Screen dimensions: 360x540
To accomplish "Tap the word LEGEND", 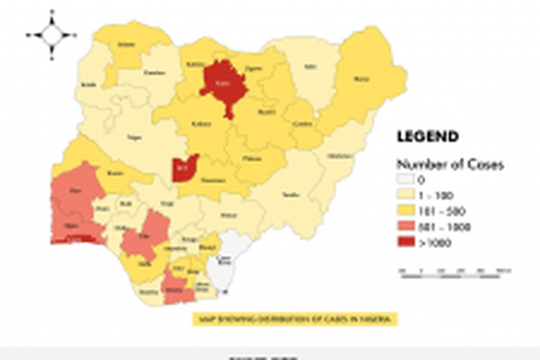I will coord(427,137).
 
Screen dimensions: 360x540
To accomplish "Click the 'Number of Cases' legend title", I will coord(439,164).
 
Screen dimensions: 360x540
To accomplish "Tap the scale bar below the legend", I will coord(455,271).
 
